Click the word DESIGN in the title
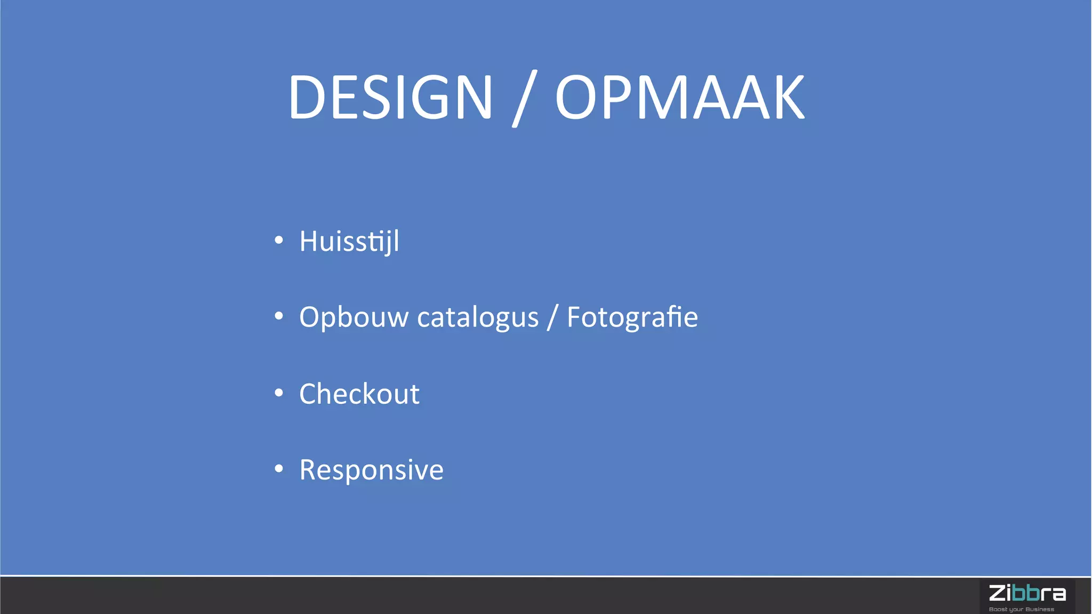click(x=390, y=97)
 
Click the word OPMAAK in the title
click(x=680, y=97)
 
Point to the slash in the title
click(x=524, y=98)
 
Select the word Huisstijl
click(x=349, y=241)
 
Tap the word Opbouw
click(x=354, y=317)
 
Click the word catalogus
click(x=478, y=317)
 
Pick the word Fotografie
click(x=632, y=317)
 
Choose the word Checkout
click(x=359, y=394)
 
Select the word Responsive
click(x=371, y=470)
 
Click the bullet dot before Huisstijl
click(x=279, y=241)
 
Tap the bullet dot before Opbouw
click(x=279, y=316)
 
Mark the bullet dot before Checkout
click(x=279, y=393)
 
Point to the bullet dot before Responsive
click(x=279, y=469)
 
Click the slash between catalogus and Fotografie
click(x=552, y=317)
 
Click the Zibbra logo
click(x=1027, y=596)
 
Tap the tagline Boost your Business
click(x=1021, y=609)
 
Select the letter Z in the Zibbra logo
click(x=997, y=593)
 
